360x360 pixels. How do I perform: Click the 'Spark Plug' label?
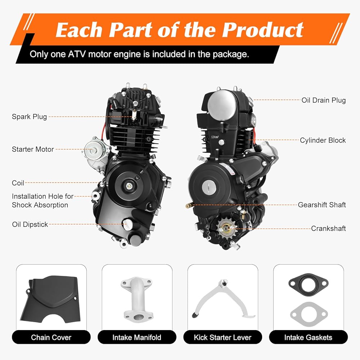click(x=30, y=117)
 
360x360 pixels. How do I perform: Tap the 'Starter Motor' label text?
click(x=33, y=149)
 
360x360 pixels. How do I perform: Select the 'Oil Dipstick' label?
click(x=30, y=224)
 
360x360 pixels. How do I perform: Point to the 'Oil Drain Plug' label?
click(x=324, y=100)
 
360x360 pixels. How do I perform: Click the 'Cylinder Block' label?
click(x=323, y=140)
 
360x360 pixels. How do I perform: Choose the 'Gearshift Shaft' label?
click(x=322, y=205)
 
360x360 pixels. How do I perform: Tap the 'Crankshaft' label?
click(x=329, y=229)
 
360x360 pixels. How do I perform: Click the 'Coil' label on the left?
click(x=18, y=183)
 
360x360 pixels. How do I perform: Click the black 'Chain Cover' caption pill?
click(x=51, y=337)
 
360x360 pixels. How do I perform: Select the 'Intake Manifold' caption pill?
click(x=137, y=337)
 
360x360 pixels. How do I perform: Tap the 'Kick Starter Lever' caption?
click(x=223, y=337)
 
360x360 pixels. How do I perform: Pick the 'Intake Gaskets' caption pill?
click(x=309, y=337)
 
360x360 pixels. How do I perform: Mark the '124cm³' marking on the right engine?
click(x=215, y=137)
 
